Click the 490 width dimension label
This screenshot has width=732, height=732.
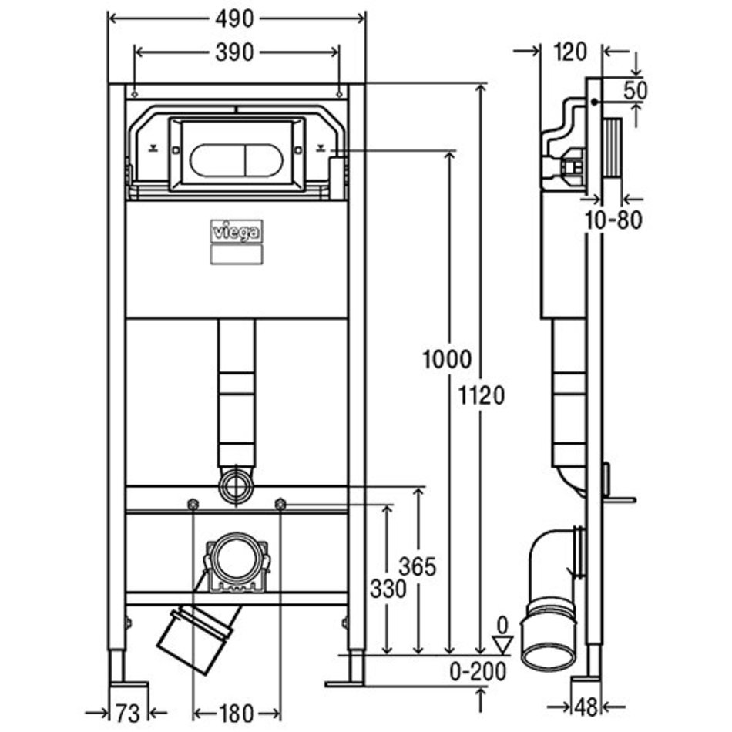pyautogui.click(x=237, y=19)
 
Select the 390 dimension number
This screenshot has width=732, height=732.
pyautogui.click(x=234, y=52)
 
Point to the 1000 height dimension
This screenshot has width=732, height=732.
pyautogui.click(x=445, y=359)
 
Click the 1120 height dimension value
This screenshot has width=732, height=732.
pyautogui.click(x=482, y=396)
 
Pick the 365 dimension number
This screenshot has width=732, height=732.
pyautogui.click(x=419, y=567)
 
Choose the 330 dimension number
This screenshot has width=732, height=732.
pyautogui.click(x=387, y=590)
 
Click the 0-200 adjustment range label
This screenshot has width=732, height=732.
pyautogui.click(x=478, y=672)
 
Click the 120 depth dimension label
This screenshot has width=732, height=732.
pyautogui.click(x=570, y=52)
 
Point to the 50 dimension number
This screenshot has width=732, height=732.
pyautogui.click(x=636, y=90)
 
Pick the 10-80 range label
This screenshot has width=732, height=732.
pyautogui.click(x=613, y=220)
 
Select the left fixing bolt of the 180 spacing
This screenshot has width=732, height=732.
pyautogui.click(x=193, y=505)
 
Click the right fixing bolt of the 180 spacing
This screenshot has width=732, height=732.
pyautogui.click(x=280, y=505)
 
